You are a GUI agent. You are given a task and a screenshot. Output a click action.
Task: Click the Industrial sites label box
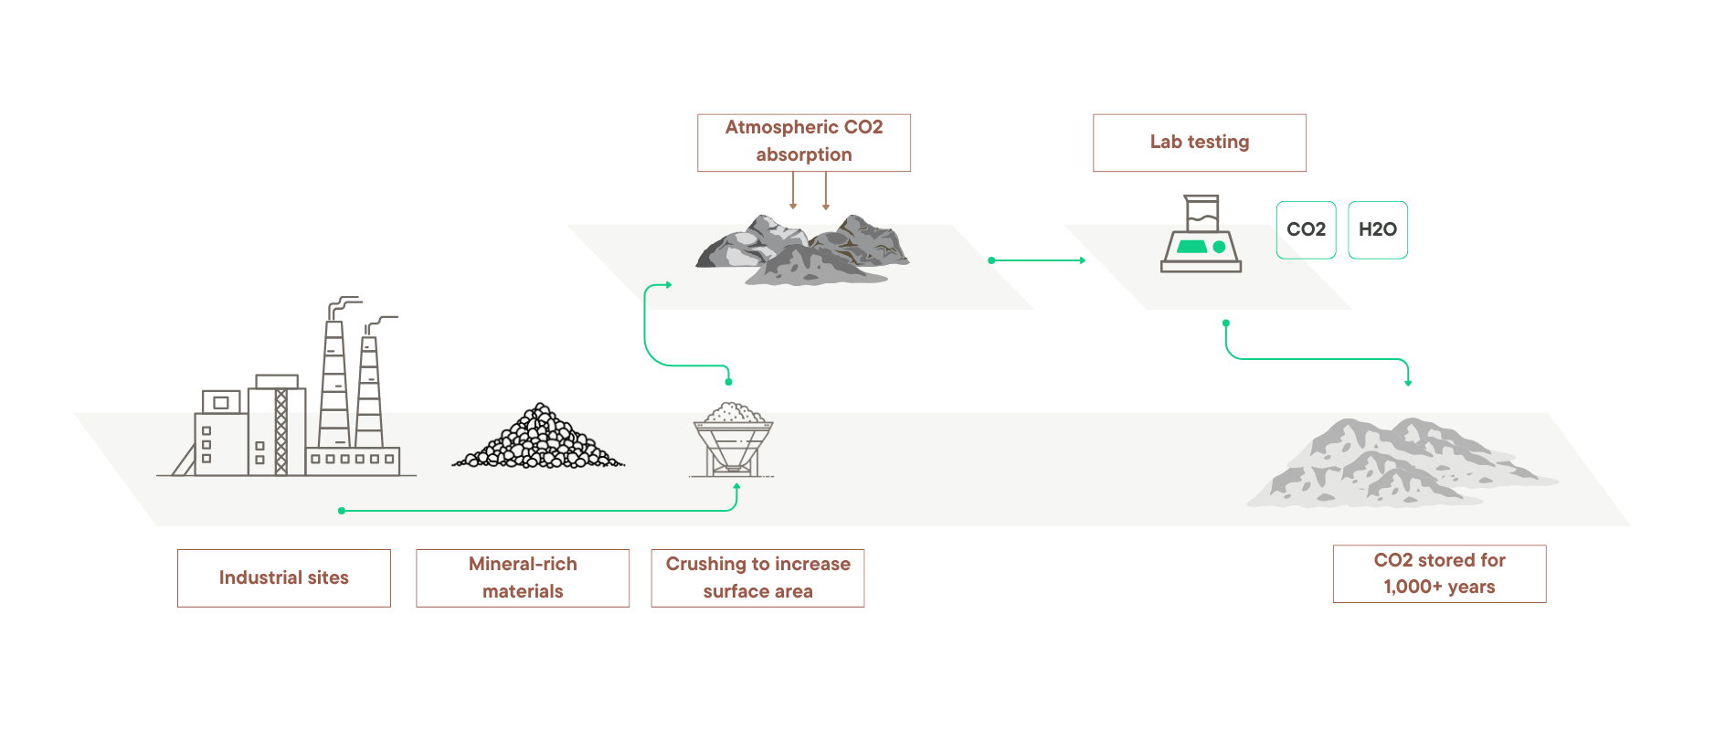[x=284, y=577]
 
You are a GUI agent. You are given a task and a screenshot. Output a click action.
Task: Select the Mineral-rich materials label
[x=523, y=577]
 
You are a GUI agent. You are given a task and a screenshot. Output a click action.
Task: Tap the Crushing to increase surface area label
[x=757, y=577]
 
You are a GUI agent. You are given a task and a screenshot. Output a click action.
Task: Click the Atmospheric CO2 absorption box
[x=804, y=142]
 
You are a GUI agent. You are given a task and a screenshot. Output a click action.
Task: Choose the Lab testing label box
[x=1200, y=142]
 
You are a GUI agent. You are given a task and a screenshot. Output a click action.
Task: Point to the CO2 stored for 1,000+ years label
[x=1439, y=574]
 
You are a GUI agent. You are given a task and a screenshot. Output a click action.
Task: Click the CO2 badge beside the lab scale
[x=1306, y=229]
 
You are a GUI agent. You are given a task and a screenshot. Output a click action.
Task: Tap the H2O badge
[x=1378, y=229]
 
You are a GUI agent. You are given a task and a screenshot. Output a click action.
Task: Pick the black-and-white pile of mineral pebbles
[x=539, y=440]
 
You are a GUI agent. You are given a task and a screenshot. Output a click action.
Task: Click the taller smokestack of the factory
[x=334, y=384]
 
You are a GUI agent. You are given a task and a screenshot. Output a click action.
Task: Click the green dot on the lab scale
[x=1219, y=247]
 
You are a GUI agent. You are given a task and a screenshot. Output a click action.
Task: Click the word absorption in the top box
[x=804, y=155]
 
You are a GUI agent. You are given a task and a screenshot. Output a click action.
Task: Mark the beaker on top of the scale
[x=1201, y=213]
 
